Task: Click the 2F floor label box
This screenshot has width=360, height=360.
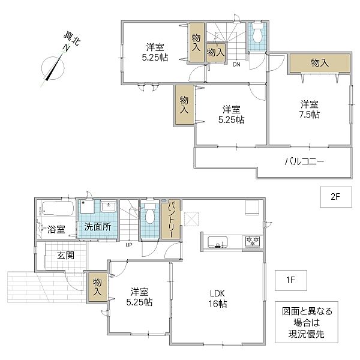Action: click(x=336, y=197)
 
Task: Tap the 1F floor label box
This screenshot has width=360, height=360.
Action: click(x=291, y=280)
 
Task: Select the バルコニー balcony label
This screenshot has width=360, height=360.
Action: click(x=304, y=161)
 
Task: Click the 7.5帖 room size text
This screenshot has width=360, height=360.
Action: click(x=310, y=115)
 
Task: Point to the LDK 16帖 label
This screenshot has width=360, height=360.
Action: click(x=218, y=298)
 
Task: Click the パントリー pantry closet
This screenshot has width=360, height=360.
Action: click(x=171, y=219)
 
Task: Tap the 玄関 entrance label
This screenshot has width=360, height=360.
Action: click(x=65, y=255)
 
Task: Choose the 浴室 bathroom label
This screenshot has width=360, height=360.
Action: click(x=56, y=229)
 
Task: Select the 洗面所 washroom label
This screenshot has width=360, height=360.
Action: click(x=98, y=227)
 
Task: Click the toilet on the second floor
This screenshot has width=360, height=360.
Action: click(x=257, y=34)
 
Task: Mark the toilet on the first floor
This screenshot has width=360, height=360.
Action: click(x=150, y=213)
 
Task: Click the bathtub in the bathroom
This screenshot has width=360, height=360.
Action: click(x=58, y=208)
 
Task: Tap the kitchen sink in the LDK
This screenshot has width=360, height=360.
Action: click(x=217, y=242)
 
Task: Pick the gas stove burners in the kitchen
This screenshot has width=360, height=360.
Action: click(x=253, y=242)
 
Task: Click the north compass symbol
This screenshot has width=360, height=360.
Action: click(x=53, y=68)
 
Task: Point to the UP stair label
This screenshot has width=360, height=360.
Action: click(x=129, y=245)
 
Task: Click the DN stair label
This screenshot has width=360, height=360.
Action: click(x=237, y=65)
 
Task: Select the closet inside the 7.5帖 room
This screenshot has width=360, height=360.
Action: click(x=320, y=63)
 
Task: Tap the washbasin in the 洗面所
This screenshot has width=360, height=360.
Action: click(x=109, y=206)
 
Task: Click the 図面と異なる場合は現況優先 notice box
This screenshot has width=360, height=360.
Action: click(x=307, y=322)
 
